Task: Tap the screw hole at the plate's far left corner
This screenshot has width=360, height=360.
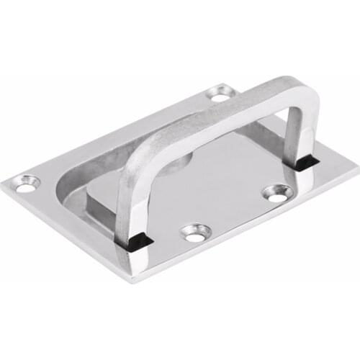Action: (27, 185)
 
